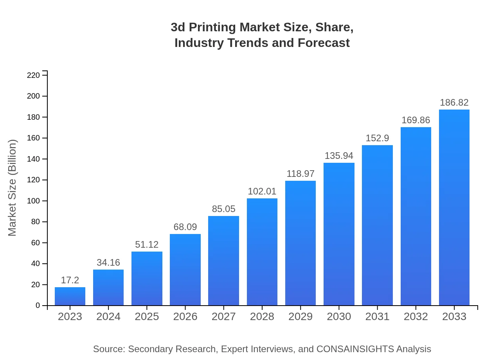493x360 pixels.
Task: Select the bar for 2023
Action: [x=70, y=296]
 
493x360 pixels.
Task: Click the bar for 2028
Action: [x=262, y=252]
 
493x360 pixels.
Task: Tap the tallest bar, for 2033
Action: [x=454, y=207]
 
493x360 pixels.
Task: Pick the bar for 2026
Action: [x=185, y=270]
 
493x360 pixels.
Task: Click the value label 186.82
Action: [x=454, y=103]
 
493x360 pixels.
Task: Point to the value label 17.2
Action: [x=70, y=280]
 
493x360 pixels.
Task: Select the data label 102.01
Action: [x=262, y=191]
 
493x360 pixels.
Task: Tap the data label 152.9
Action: [x=377, y=138]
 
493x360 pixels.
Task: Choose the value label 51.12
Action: [x=147, y=245]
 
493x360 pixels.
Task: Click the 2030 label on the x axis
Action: [x=339, y=317]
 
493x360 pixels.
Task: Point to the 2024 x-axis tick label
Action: [x=108, y=317]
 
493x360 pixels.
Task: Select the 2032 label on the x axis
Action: [x=416, y=317]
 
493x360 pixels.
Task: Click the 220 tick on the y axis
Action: [x=33, y=75]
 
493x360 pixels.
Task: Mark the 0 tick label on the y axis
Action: [x=38, y=306]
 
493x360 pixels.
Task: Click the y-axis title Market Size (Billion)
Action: [x=13, y=188]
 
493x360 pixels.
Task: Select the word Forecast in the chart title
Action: [x=323, y=43]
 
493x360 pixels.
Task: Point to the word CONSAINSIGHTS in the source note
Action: [x=355, y=349]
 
